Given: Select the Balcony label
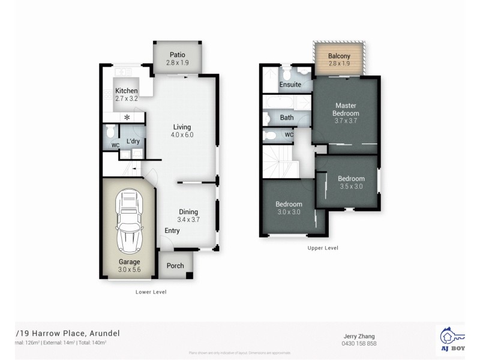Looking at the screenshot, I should [x=339, y=56].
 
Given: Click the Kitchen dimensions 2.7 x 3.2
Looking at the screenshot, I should [x=127, y=98].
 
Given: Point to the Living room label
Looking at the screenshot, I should [x=182, y=127].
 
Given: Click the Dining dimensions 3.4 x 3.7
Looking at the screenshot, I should [x=188, y=220].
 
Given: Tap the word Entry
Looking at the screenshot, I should [x=172, y=230].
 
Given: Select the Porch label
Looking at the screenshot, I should [x=175, y=266].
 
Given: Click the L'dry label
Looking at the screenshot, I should [x=133, y=142].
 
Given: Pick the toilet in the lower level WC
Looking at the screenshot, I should [x=110, y=131].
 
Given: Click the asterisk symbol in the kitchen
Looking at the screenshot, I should [x=127, y=118].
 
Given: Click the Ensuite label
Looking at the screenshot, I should [x=290, y=85].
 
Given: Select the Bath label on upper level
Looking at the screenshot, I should [x=287, y=118].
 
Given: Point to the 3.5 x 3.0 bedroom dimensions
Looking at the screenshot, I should [x=350, y=186].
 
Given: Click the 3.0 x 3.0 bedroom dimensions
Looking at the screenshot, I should [x=289, y=212].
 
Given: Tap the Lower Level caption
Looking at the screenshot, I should [x=151, y=292].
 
